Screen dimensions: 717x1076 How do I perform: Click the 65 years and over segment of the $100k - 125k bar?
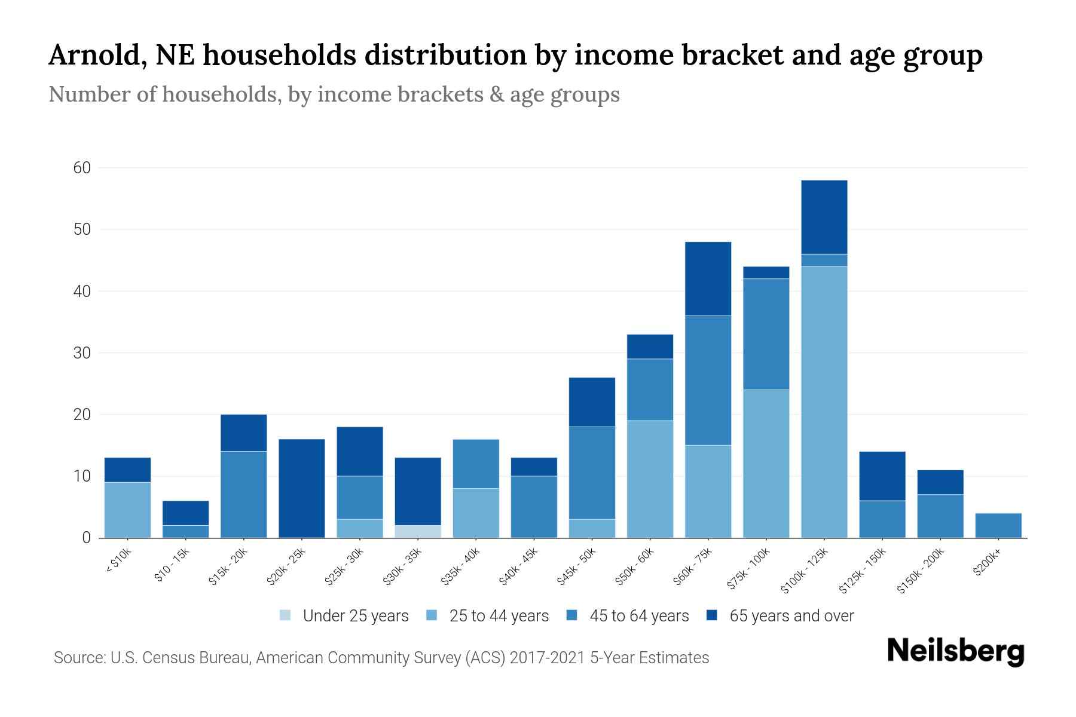pos(824,217)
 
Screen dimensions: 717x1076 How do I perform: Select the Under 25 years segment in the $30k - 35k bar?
pos(418,531)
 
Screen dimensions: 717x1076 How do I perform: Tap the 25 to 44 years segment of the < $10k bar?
pos(127,510)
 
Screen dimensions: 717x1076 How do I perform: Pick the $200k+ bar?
pos(998,525)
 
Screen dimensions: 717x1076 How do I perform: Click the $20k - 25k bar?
pos(302,488)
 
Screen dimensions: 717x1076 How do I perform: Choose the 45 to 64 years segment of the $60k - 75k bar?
pos(708,380)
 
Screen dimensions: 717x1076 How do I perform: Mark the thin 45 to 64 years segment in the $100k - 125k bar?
pos(824,260)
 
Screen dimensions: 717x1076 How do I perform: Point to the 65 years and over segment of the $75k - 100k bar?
pos(766,272)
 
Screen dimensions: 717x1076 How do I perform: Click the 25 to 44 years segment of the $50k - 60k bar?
pos(650,479)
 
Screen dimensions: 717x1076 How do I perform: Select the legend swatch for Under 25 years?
pos(286,615)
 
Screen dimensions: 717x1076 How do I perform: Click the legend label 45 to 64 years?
pos(639,616)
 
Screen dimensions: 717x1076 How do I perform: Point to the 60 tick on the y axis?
pos(82,168)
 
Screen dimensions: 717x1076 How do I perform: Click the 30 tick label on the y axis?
pos(82,353)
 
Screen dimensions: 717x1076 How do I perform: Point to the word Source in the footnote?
pos(78,658)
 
